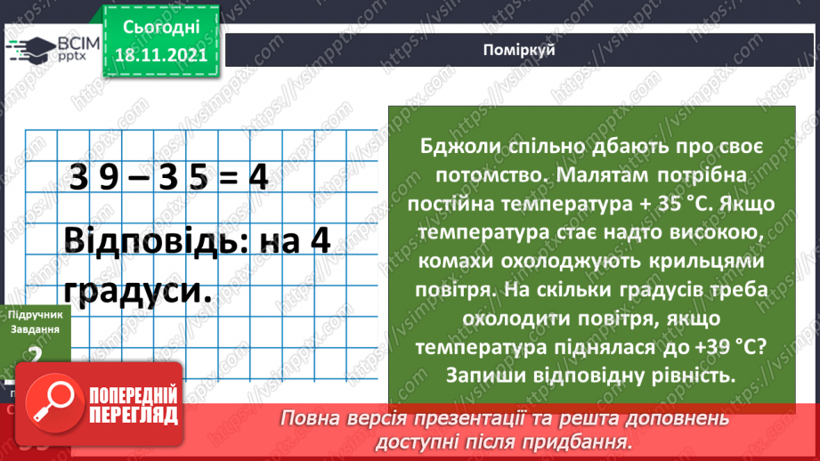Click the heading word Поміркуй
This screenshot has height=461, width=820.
(522, 50)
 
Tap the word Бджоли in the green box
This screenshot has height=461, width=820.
(455, 146)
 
